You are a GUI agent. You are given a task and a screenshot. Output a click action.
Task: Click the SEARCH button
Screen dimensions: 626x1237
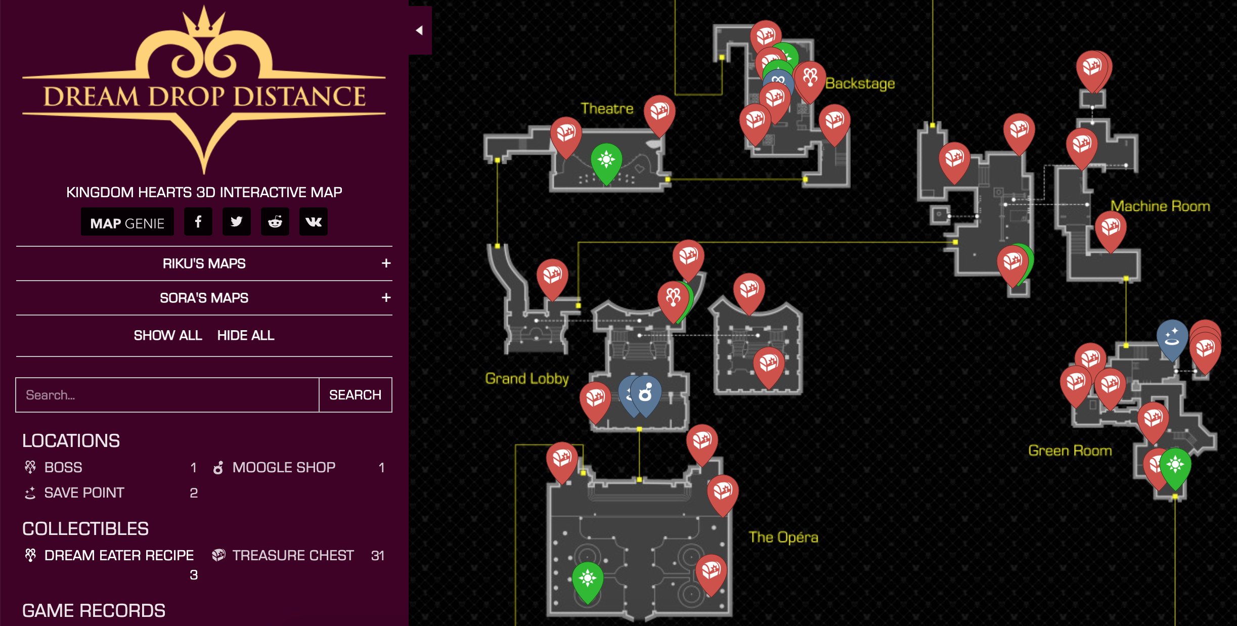pos(355,395)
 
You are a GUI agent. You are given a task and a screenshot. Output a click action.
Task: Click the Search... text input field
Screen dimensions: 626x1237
pos(167,395)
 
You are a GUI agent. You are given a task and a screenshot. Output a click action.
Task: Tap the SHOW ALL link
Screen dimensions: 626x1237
pos(168,335)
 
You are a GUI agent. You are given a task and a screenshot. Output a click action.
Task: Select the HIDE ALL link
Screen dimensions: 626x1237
pos(246,335)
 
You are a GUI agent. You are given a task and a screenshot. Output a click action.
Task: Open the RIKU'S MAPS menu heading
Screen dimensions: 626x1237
pos(204,263)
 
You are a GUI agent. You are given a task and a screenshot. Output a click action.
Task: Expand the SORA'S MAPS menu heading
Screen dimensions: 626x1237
pos(204,298)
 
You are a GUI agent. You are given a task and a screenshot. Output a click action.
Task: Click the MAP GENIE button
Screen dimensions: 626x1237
pos(127,222)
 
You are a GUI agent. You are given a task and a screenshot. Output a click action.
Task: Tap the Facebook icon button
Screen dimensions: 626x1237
pos(198,222)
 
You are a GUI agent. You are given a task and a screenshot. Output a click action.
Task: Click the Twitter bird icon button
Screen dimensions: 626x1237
pos(237,222)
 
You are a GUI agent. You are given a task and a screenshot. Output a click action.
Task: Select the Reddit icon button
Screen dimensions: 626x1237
pos(275,222)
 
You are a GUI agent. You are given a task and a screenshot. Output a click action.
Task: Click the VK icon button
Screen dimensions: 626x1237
pos(314,222)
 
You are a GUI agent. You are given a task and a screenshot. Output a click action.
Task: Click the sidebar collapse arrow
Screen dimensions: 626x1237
pos(419,30)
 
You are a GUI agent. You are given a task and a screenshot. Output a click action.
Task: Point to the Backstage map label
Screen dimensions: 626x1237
pos(860,83)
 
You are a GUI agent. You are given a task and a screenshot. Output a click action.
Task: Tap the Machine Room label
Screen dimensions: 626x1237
pos(1160,206)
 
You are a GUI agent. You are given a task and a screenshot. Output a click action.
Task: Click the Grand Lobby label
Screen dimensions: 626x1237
pos(527,378)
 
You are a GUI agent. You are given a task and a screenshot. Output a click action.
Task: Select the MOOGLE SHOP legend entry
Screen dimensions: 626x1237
pos(284,467)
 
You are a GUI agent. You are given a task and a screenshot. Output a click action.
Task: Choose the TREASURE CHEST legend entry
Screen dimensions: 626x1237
pos(293,555)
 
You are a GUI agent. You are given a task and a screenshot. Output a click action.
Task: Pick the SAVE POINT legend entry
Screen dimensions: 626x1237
pos(84,493)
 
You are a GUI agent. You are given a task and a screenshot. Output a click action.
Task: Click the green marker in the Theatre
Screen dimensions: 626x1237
pos(606,161)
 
